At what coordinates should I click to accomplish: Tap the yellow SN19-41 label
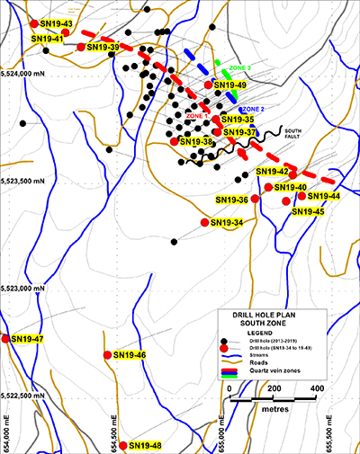(x=47, y=39)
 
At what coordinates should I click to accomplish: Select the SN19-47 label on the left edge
(x=26, y=339)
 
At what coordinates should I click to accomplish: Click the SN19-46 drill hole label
(x=129, y=355)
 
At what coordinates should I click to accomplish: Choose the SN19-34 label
(x=227, y=222)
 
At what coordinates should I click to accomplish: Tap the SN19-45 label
(x=308, y=211)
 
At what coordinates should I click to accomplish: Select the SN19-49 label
(x=229, y=85)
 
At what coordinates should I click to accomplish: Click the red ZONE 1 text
(x=197, y=115)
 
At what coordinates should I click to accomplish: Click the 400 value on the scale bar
(x=317, y=387)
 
